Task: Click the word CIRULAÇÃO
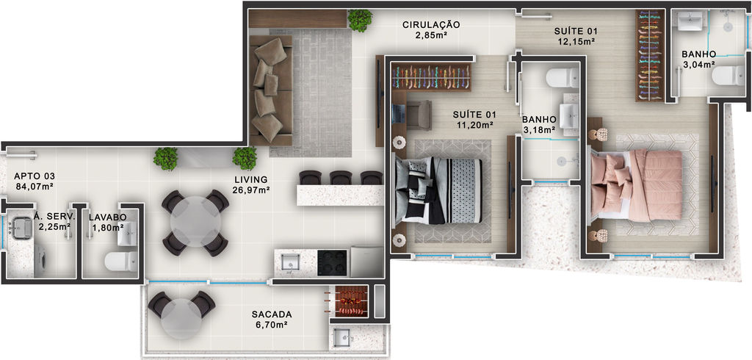pyautogui.click(x=431, y=24)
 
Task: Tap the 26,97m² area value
pyautogui.click(x=252, y=190)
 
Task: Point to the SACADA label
pyautogui.click(x=272, y=314)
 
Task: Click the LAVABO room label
pyautogui.click(x=107, y=217)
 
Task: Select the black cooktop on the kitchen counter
pyautogui.click(x=332, y=262)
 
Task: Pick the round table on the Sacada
pyautogui.click(x=181, y=319)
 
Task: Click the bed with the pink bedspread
pyautogui.click(x=637, y=186)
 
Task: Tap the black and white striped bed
pyautogui.click(x=438, y=190)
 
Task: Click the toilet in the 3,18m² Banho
pyautogui.click(x=562, y=78)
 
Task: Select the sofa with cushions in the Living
pyautogui.click(x=270, y=90)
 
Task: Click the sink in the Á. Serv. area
pyautogui.click(x=21, y=227)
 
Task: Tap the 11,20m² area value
pyautogui.click(x=475, y=126)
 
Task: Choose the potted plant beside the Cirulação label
pyautogui.click(x=360, y=20)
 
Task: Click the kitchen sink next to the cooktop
pyautogui.click(x=290, y=263)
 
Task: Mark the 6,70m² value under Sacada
pyautogui.click(x=272, y=325)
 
